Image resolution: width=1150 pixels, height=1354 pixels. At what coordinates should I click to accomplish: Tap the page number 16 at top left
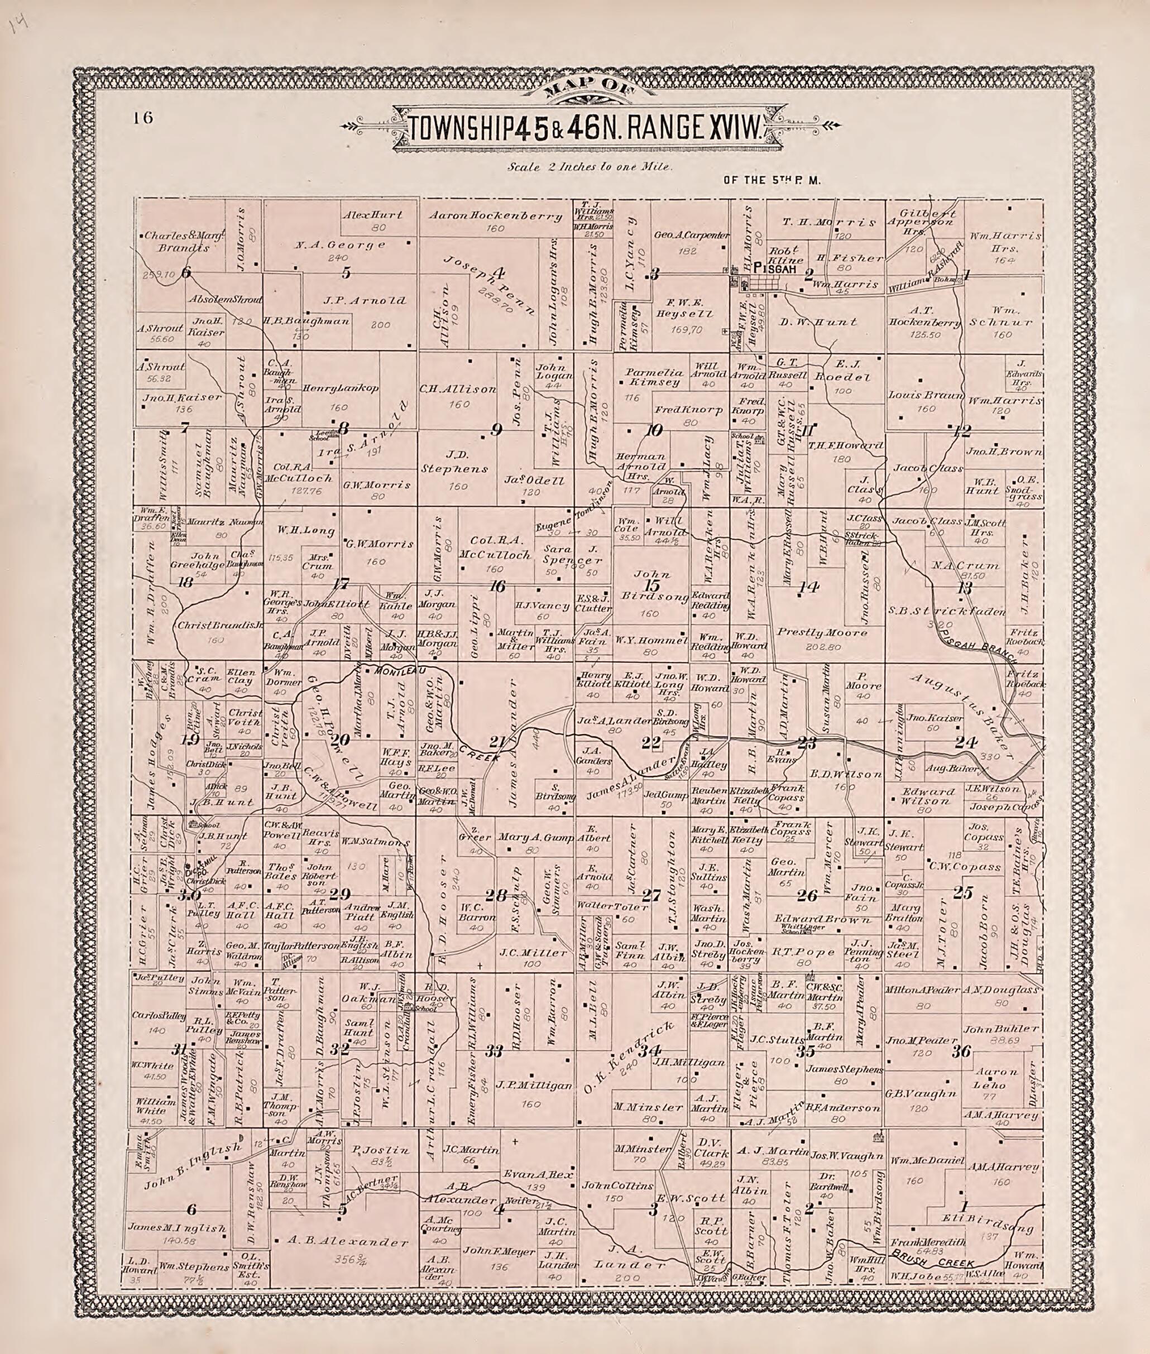tap(143, 117)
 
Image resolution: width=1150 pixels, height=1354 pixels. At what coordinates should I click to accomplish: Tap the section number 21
tap(497, 741)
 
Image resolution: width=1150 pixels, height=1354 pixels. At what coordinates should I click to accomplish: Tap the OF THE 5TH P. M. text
tap(772, 181)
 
